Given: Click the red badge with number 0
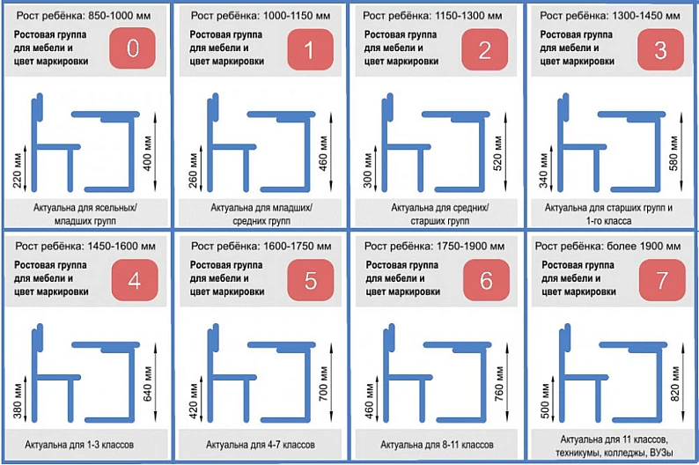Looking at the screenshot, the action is click(132, 48).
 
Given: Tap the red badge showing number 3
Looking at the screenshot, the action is click(660, 49).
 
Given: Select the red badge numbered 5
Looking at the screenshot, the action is click(310, 280).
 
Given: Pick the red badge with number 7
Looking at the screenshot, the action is click(662, 280).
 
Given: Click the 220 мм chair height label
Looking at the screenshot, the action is click(18, 171).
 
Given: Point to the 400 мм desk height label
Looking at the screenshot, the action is click(148, 154).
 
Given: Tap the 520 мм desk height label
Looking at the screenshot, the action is click(498, 154).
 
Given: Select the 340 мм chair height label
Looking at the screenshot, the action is click(543, 171).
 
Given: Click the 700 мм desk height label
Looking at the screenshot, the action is click(323, 384).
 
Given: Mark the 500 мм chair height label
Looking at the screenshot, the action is click(545, 402).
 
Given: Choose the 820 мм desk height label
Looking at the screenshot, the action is click(675, 384).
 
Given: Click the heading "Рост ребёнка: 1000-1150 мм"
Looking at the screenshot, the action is click(261, 16).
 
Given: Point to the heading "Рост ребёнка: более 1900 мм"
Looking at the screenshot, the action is click(607, 246).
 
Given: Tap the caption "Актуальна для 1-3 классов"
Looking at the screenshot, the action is click(79, 445).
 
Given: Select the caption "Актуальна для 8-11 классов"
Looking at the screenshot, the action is click(437, 445).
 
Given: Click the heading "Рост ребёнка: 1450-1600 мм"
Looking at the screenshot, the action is click(85, 246).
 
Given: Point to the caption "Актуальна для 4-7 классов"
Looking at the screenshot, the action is click(261, 445).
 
